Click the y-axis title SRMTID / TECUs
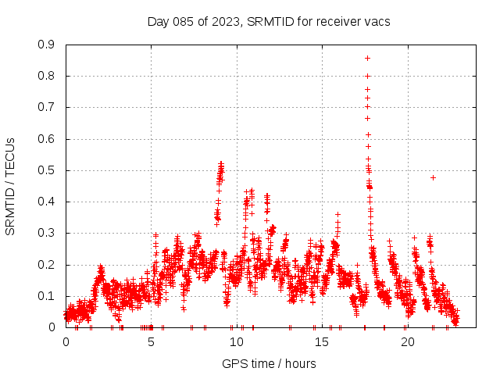pyautogui.click(x=10, y=186)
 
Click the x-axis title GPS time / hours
pyautogui.click(x=269, y=363)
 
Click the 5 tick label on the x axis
pyautogui.click(x=152, y=342)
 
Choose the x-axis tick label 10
pyautogui.click(x=237, y=342)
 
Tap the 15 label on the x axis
pyautogui.click(x=322, y=342)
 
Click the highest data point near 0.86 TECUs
pyautogui.click(x=367, y=58)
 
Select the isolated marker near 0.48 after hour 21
pyautogui.click(x=433, y=177)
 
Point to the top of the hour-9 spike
pyautogui.click(x=221, y=163)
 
